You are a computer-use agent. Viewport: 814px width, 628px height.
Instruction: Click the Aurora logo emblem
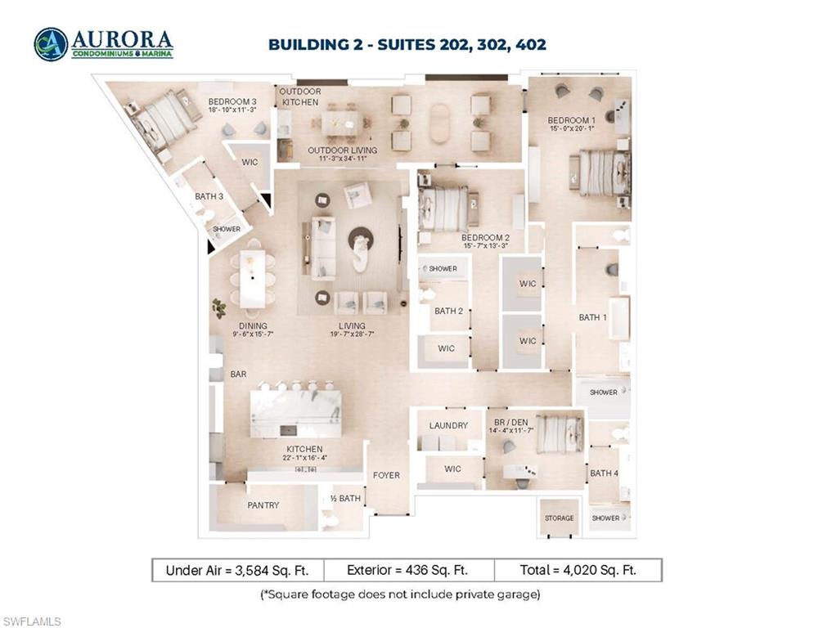click(x=51, y=44)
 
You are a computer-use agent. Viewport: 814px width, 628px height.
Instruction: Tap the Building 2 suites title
click(x=407, y=44)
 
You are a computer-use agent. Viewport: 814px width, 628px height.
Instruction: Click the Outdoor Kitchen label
click(x=300, y=97)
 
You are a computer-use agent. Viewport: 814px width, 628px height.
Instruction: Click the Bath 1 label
click(x=592, y=317)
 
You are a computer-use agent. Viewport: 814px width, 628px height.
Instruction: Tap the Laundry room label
click(x=448, y=425)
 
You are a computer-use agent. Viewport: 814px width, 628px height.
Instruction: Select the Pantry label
click(x=263, y=505)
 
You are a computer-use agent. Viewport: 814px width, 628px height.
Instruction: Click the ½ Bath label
click(x=345, y=498)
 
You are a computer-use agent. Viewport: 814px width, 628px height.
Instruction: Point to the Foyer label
click(x=386, y=475)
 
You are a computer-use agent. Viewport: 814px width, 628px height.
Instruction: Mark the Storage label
click(x=560, y=518)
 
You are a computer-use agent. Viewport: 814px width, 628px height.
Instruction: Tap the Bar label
click(x=238, y=375)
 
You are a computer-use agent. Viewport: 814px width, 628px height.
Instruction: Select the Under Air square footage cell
click(x=238, y=570)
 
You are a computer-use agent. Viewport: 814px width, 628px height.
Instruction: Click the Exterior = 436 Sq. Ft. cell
click(x=408, y=570)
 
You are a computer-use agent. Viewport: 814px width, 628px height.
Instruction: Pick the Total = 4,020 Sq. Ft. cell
click(x=578, y=570)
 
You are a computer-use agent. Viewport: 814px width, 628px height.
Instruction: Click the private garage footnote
click(x=400, y=594)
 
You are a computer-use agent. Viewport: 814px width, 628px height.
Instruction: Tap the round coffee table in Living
click(x=361, y=238)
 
